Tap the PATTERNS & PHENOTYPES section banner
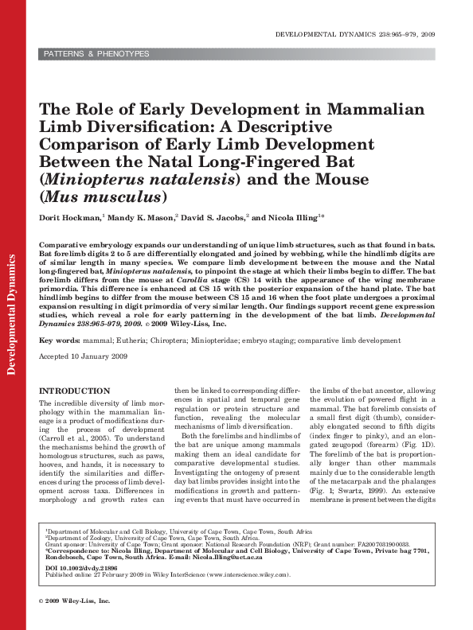[x=96, y=54]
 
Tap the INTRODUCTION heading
[x=75, y=391]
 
